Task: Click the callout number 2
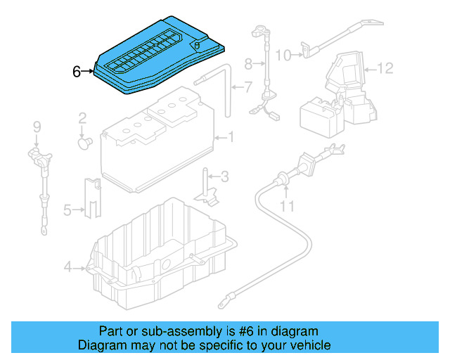[82, 117]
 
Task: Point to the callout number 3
[226, 176]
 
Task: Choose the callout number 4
[67, 266]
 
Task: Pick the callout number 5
[67, 209]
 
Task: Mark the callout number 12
[385, 68]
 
